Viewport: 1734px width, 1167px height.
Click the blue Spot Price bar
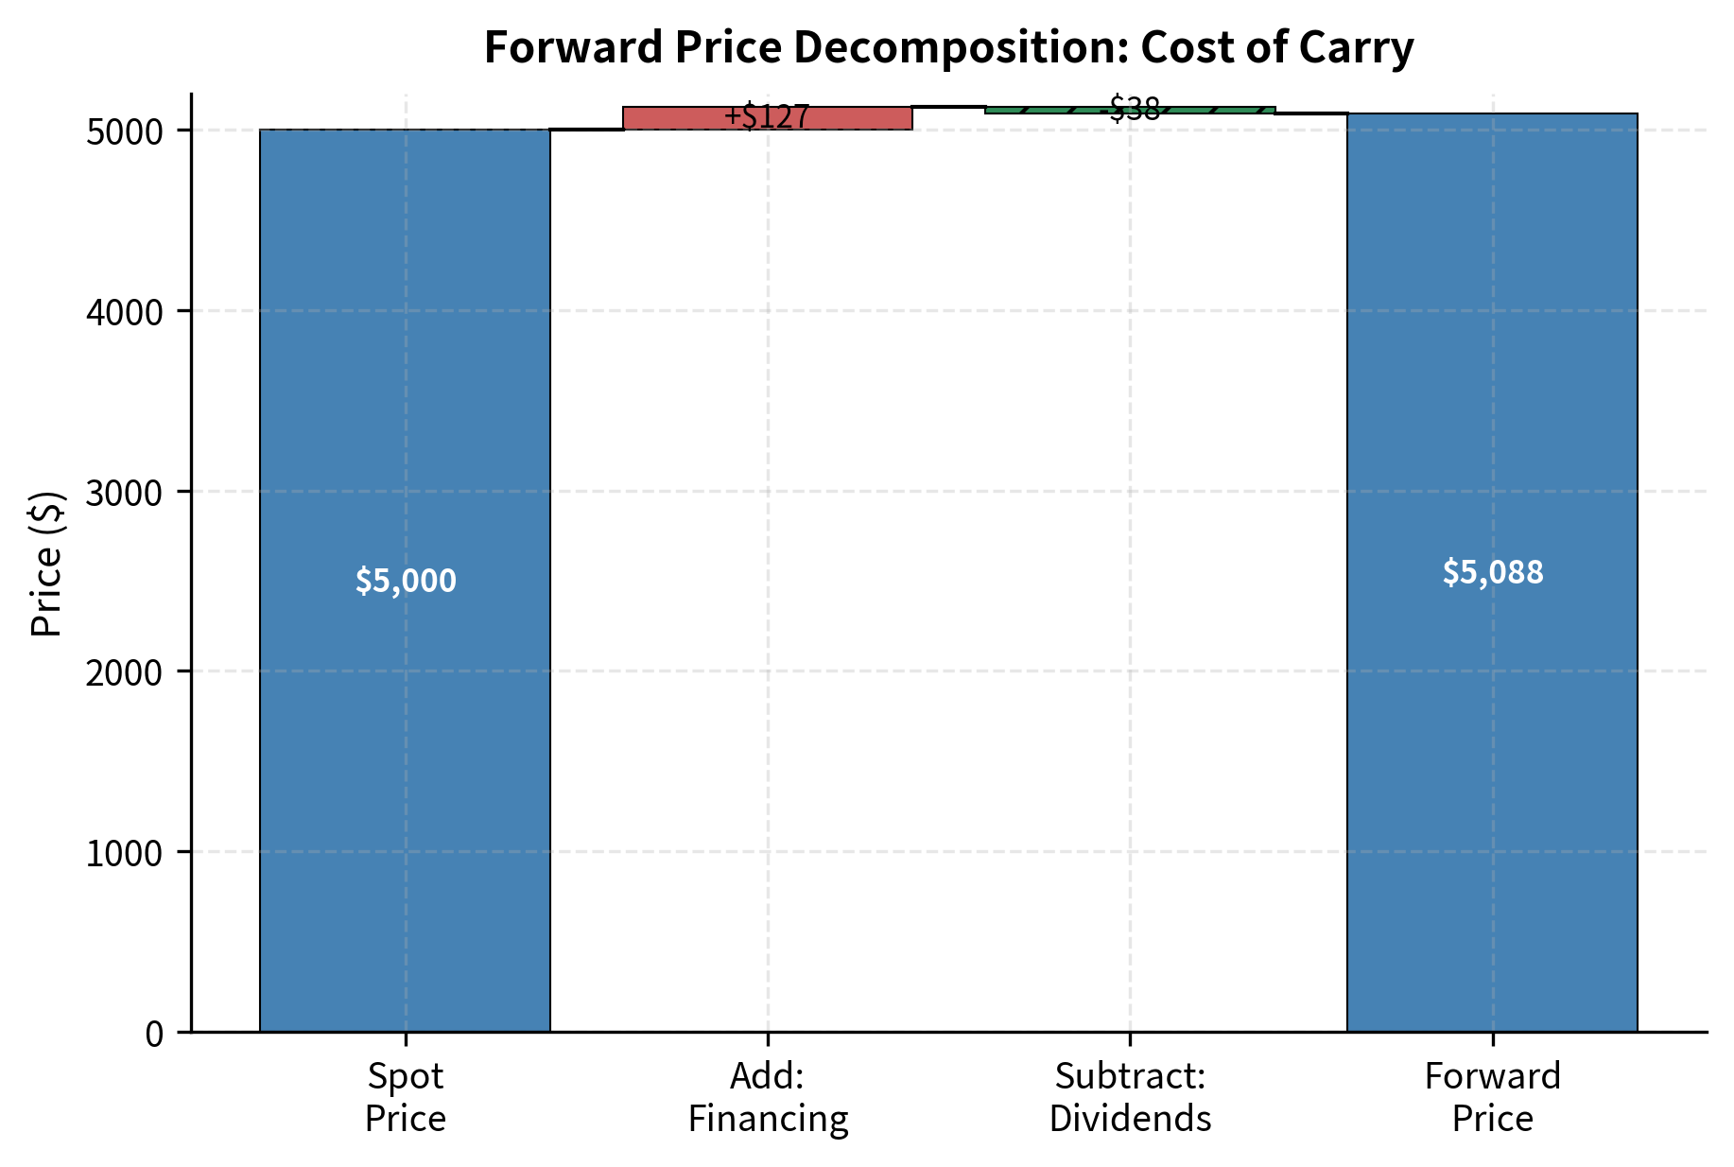[x=405, y=757]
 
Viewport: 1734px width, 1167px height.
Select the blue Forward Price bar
[x=1492, y=757]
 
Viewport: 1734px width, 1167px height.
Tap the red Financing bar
[x=662, y=118]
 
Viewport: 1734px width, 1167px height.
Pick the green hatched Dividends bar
[x=1040, y=111]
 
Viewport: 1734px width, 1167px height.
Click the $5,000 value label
[x=406, y=581]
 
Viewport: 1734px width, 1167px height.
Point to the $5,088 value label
[x=1492, y=572]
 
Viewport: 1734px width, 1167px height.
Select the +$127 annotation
[x=767, y=117]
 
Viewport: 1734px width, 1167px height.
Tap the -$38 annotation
[x=1131, y=109]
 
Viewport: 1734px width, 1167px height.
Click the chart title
[x=948, y=47]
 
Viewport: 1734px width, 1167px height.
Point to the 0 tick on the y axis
[x=155, y=1033]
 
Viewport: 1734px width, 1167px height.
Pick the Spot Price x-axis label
[x=405, y=1097]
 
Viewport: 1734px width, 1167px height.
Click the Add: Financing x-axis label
[x=768, y=1097]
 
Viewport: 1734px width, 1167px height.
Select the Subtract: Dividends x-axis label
[x=1130, y=1097]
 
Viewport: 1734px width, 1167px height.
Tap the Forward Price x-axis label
[x=1492, y=1097]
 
